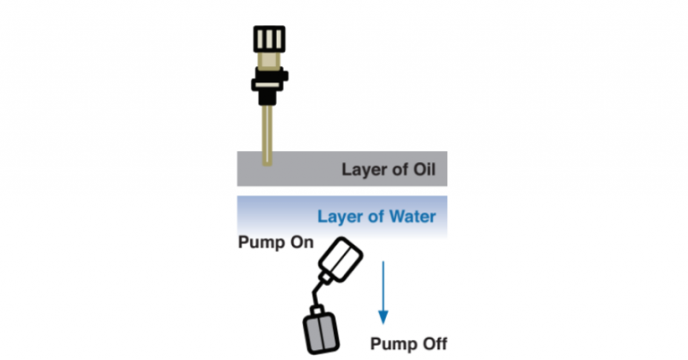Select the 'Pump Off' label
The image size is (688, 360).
click(x=408, y=343)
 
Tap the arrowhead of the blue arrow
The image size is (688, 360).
click(x=383, y=315)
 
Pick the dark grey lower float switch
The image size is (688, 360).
click(x=320, y=330)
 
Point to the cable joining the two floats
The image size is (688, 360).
click(x=313, y=293)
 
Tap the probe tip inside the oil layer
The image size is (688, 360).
click(x=266, y=161)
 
